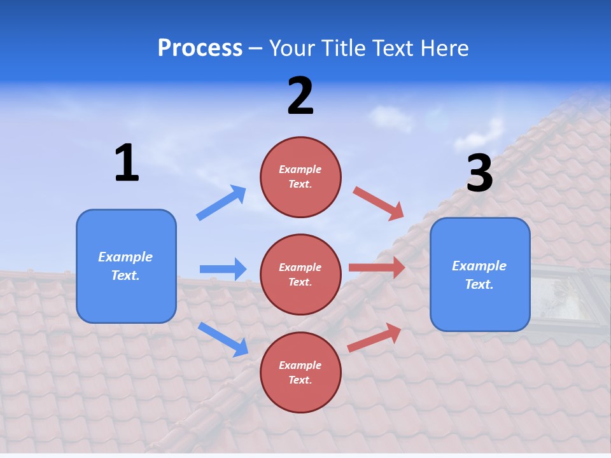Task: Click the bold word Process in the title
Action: click(200, 48)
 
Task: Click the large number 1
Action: click(127, 163)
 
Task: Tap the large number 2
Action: click(300, 96)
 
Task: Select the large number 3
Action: click(479, 174)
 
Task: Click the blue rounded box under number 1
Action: click(126, 266)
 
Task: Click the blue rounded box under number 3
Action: click(480, 274)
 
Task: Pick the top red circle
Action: click(300, 177)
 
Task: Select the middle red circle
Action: click(300, 274)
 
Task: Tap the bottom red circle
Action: click(300, 372)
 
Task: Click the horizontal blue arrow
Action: click(223, 269)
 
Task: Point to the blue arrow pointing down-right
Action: click(223, 339)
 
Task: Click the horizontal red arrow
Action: click(377, 268)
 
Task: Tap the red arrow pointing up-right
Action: click(375, 337)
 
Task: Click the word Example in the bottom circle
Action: click(300, 365)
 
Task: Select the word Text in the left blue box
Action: click(124, 275)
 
